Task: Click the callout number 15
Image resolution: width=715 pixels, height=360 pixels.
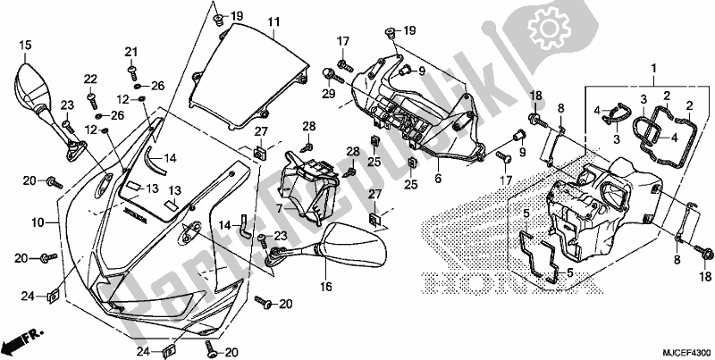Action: [x=24, y=44]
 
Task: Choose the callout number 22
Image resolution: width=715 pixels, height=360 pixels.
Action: [x=91, y=79]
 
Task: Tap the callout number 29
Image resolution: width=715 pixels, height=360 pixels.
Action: [x=329, y=94]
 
